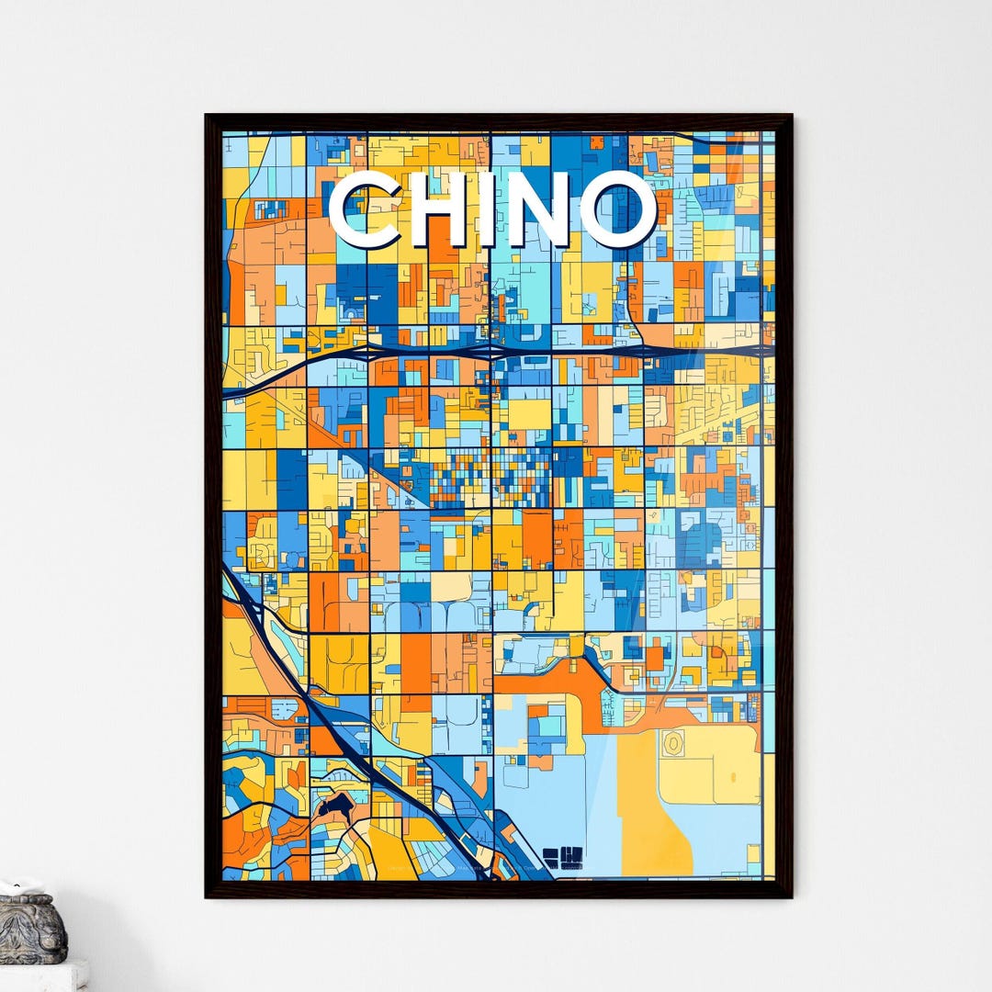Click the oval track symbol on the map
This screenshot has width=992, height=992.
[674, 743]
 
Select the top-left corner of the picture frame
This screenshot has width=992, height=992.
[208, 117]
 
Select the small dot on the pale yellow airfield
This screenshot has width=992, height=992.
[733, 777]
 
